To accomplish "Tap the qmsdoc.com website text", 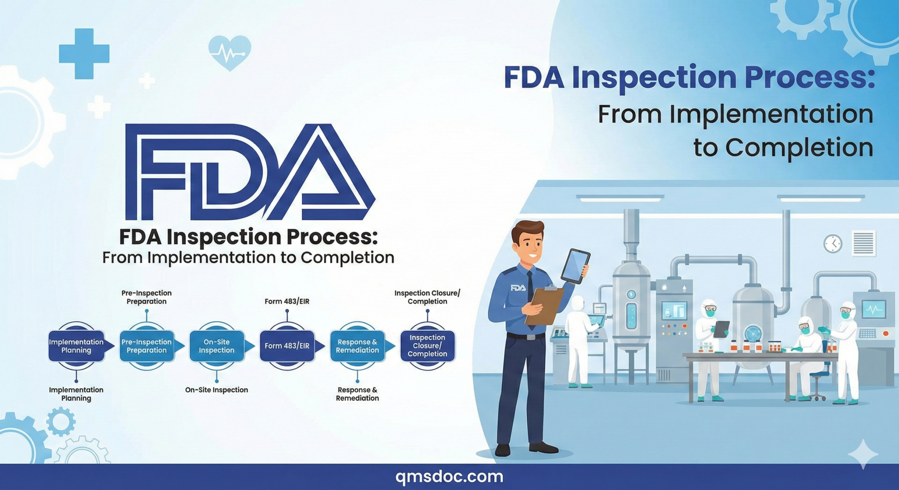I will point(449,477).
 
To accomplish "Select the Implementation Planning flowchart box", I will point(76,346).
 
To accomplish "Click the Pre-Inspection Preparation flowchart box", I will point(146,346).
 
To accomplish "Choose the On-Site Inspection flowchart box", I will point(217,346).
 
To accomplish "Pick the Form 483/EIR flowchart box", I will point(287,346).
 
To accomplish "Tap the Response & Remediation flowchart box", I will point(357,346).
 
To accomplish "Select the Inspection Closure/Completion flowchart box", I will point(427,346).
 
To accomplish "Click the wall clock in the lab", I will point(833,243).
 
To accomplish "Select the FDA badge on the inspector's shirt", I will point(518,288).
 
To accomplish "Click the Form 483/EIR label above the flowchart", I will point(287,302).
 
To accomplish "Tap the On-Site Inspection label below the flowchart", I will point(217,390).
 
